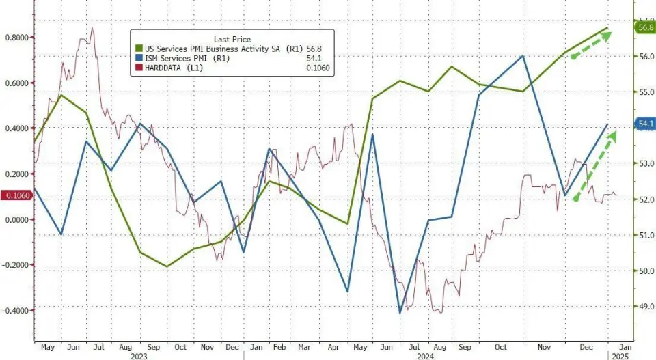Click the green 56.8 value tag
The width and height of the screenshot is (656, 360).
tap(644, 27)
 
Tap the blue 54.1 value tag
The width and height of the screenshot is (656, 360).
tap(644, 124)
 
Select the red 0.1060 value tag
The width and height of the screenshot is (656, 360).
tap(16, 197)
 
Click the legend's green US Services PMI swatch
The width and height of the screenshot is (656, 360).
tap(139, 49)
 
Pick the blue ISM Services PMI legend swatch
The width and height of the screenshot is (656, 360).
tap(139, 59)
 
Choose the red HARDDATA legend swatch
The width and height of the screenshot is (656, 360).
tap(139, 68)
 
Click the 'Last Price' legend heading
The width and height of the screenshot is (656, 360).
tap(232, 40)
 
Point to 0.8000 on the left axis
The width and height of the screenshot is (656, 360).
tap(14, 38)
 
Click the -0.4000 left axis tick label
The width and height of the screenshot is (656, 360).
tap(14, 311)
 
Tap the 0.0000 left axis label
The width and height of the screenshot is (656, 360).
tap(16, 220)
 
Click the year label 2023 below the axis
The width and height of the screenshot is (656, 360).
tap(139, 355)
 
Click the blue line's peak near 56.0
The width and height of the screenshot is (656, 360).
tap(523, 56)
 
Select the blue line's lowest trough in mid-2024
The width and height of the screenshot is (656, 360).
tap(400, 314)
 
